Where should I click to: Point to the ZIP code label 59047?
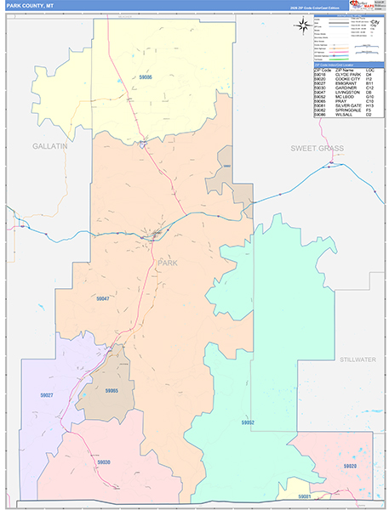102,298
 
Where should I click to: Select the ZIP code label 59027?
47,394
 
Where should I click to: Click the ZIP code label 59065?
110,391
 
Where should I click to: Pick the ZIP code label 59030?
103,462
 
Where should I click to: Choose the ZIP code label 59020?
350,467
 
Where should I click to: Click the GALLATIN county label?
49,146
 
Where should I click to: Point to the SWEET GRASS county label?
317,148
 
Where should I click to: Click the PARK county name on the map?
168,263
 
